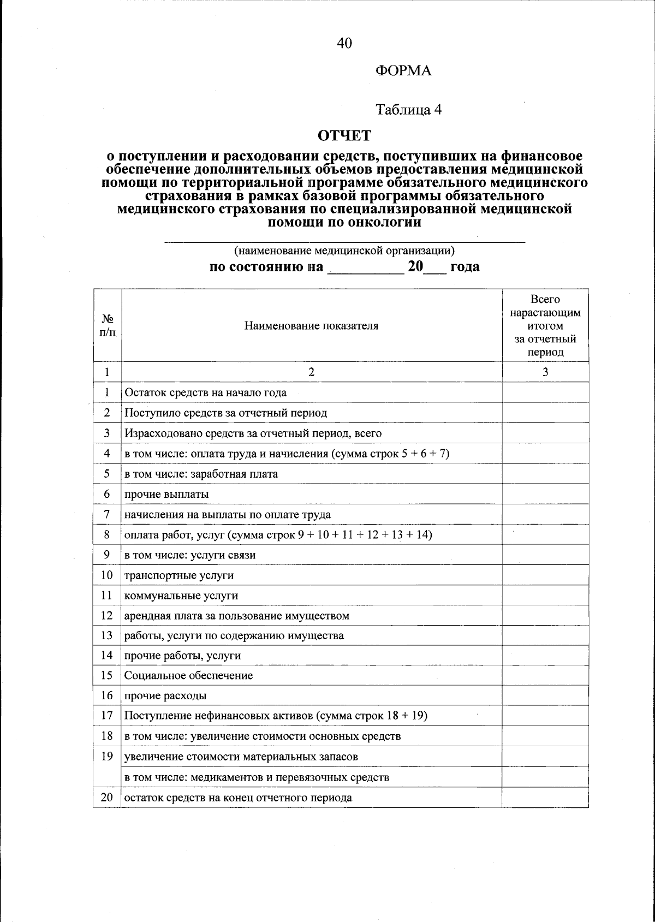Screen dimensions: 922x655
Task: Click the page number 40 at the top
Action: click(x=344, y=43)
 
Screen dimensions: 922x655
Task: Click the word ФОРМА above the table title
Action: click(x=403, y=71)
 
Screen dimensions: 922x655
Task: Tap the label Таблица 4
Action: click(x=409, y=110)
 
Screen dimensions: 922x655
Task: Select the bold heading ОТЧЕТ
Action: click(x=344, y=135)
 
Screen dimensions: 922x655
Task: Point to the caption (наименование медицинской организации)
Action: click(x=344, y=251)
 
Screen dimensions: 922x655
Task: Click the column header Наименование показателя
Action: click(x=311, y=326)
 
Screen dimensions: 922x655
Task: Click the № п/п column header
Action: click(x=108, y=325)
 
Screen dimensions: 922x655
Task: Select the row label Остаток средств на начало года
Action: click(x=205, y=392)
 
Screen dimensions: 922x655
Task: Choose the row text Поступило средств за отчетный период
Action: click(x=225, y=413)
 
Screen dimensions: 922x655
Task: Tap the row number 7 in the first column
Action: click(x=107, y=514)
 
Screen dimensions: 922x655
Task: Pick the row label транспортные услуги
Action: click(x=179, y=575)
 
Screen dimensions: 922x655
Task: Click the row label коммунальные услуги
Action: click(x=181, y=596)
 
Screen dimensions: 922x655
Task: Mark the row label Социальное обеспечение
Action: click(x=188, y=676)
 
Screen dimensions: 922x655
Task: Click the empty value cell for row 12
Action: click(x=545, y=616)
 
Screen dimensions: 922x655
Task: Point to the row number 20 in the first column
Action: click(x=107, y=798)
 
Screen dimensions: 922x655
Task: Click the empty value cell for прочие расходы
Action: click(x=545, y=696)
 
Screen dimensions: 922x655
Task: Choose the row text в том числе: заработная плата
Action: click(x=201, y=474)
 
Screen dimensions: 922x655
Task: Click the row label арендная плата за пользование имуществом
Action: click(x=237, y=616)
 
